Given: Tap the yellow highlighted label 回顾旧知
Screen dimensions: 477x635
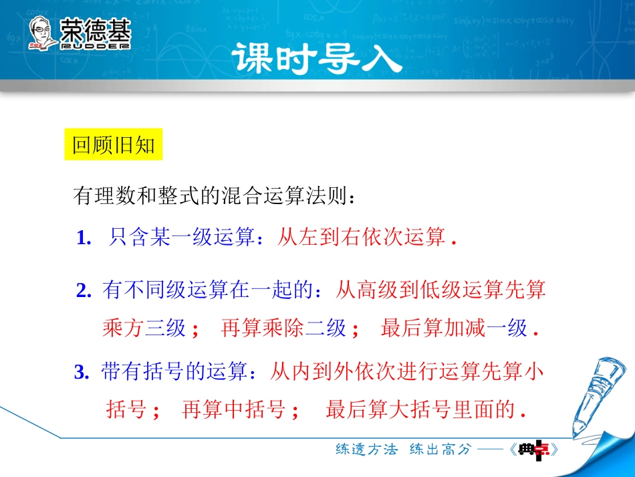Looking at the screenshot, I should (x=114, y=146).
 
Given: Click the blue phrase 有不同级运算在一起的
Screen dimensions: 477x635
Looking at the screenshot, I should (x=209, y=290).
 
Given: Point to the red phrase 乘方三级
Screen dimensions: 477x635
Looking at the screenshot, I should (x=144, y=328).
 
